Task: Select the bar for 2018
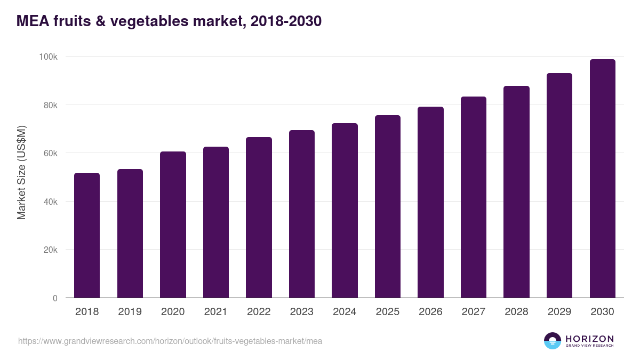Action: point(87,235)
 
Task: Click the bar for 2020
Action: point(173,225)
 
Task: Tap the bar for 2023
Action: point(302,214)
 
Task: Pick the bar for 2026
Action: point(430,202)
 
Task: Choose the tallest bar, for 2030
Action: point(602,179)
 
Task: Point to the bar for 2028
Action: point(516,192)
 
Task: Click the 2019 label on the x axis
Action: point(130,312)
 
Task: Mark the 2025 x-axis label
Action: point(388,312)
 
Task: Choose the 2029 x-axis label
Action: point(559,312)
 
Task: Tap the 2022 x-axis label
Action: point(259,312)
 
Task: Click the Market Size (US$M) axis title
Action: point(21,173)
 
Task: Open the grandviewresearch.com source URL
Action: point(170,341)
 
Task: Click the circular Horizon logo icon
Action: point(553,341)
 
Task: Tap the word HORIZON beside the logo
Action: point(589,338)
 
